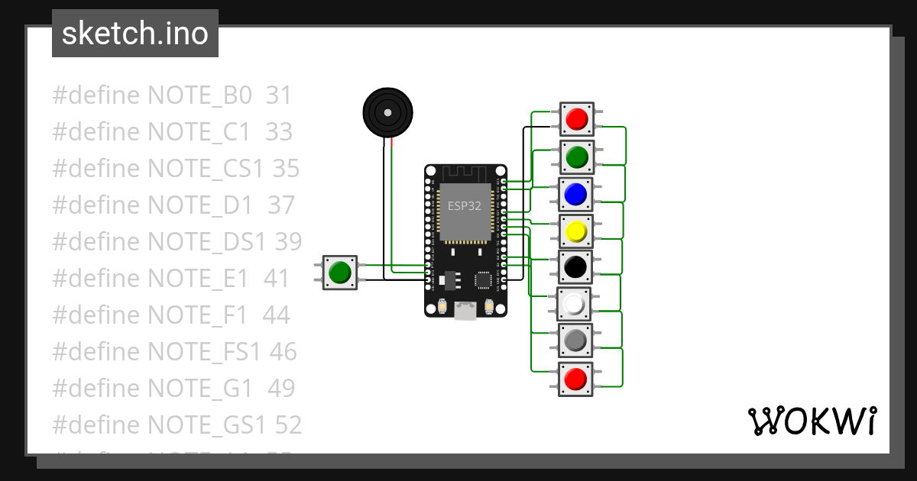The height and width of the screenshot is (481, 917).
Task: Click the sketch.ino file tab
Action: (x=135, y=34)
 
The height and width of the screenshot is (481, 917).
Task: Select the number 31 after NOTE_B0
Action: (x=279, y=95)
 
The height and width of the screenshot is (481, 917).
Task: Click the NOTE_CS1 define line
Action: (x=176, y=169)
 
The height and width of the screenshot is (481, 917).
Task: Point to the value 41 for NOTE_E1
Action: (x=277, y=279)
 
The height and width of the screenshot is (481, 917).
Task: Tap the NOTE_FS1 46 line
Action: (x=174, y=352)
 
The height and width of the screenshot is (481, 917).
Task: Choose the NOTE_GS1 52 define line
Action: (x=177, y=425)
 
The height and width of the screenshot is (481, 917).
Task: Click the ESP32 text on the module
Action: (x=465, y=205)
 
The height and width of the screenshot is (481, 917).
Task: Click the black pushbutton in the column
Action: (x=575, y=267)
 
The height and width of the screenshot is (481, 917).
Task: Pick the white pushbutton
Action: (x=575, y=305)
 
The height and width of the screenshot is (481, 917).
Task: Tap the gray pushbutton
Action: (x=575, y=340)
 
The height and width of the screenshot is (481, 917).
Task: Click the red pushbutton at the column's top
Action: (x=577, y=119)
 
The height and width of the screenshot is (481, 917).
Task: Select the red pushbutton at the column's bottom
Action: (x=575, y=378)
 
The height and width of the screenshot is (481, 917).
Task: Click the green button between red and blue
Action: (x=577, y=157)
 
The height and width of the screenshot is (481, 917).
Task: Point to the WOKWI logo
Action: (x=812, y=421)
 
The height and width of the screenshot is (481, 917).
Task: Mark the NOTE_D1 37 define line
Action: (x=173, y=205)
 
